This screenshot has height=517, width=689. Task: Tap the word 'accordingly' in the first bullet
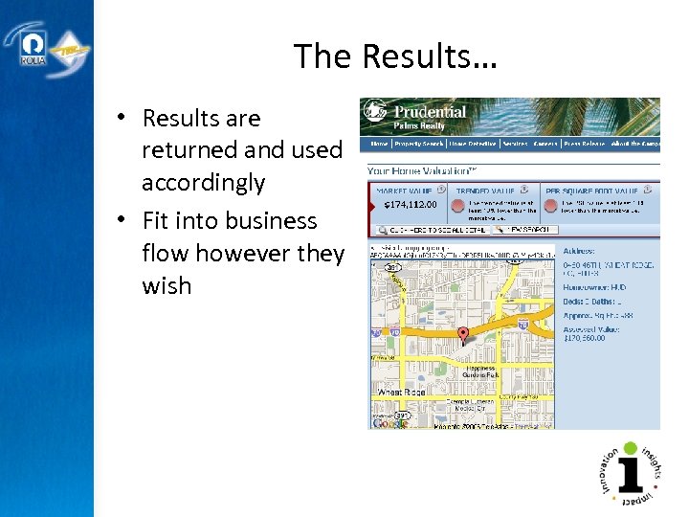tap(203, 183)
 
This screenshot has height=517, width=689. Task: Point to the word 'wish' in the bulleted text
tap(167, 286)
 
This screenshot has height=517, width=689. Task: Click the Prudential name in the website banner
tap(431, 112)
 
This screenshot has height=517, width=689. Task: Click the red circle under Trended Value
tap(458, 205)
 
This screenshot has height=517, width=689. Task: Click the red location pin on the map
tap(463, 335)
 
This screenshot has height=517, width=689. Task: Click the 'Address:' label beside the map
tap(581, 251)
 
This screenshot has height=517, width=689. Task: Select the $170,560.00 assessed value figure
tap(585, 338)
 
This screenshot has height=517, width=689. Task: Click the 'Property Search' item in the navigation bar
tap(419, 144)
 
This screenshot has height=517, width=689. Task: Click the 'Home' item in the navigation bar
tap(379, 144)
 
